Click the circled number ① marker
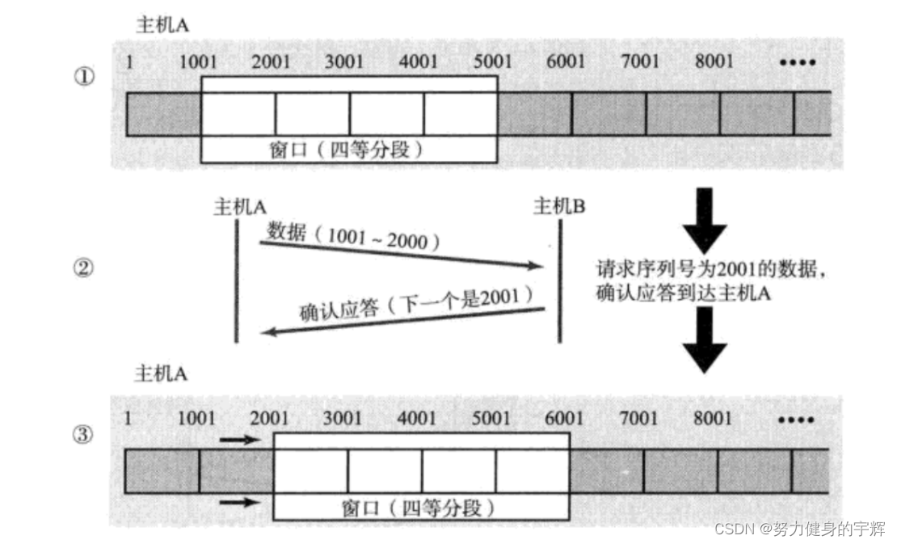(84, 78)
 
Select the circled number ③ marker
(84, 436)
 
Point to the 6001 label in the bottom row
(564, 418)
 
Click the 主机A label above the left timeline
(240, 207)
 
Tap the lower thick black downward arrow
(705, 339)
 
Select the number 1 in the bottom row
(128, 418)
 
